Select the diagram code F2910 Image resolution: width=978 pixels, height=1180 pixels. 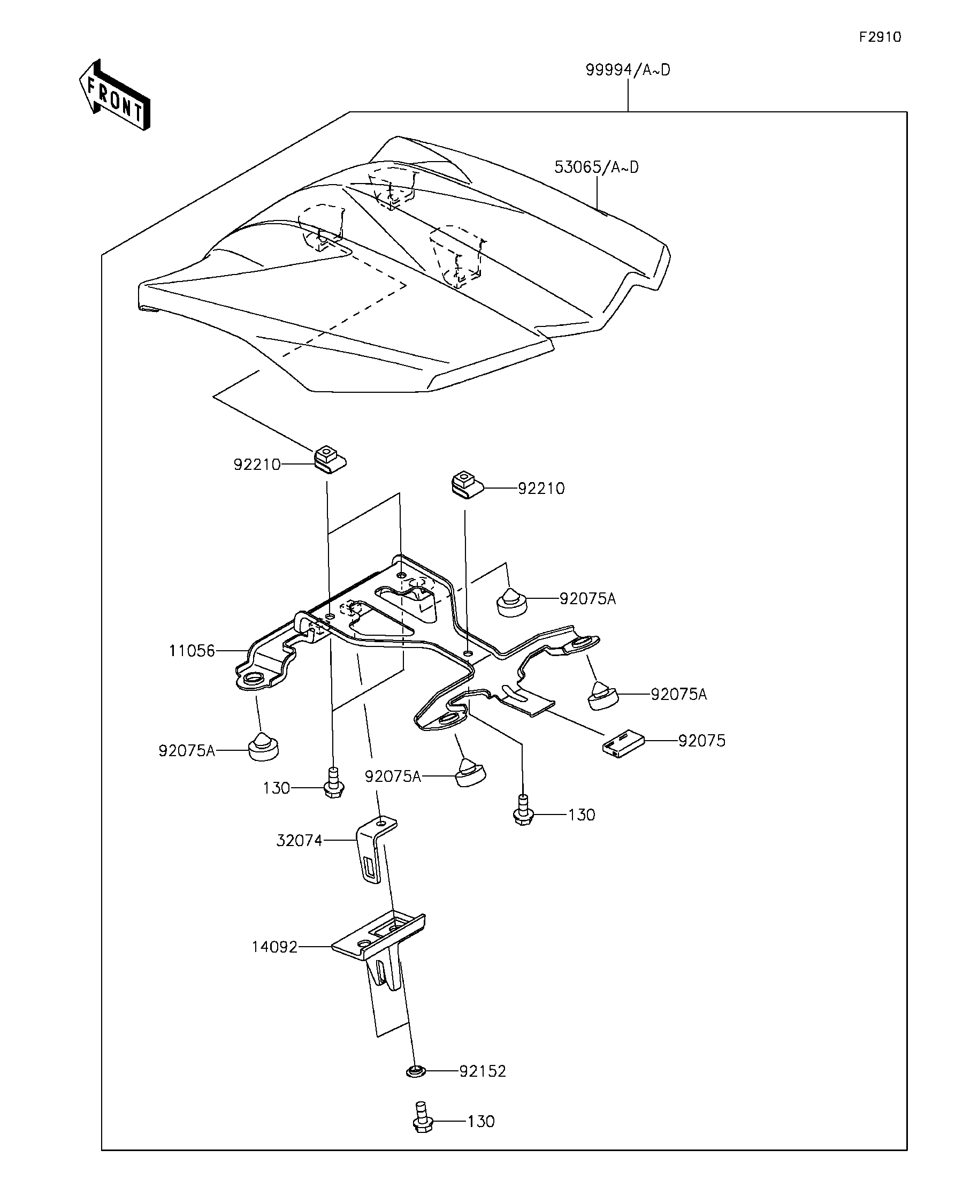tap(880, 37)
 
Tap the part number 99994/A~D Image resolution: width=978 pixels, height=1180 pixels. tap(628, 70)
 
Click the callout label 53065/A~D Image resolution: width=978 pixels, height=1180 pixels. tap(596, 168)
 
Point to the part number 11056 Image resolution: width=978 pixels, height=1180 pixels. tap(192, 651)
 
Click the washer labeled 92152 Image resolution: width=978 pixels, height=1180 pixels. tap(416, 1072)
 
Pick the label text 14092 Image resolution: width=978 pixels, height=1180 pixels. tap(274, 947)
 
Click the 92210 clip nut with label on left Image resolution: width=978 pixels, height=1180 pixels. tap(329, 459)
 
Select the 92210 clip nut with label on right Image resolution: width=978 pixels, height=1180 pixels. tap(465, 484)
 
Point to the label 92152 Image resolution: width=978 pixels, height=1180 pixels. tap(483, 1071)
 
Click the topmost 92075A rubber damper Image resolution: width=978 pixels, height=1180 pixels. tap(512, 603)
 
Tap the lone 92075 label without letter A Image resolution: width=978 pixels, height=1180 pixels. tap(701, 741)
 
